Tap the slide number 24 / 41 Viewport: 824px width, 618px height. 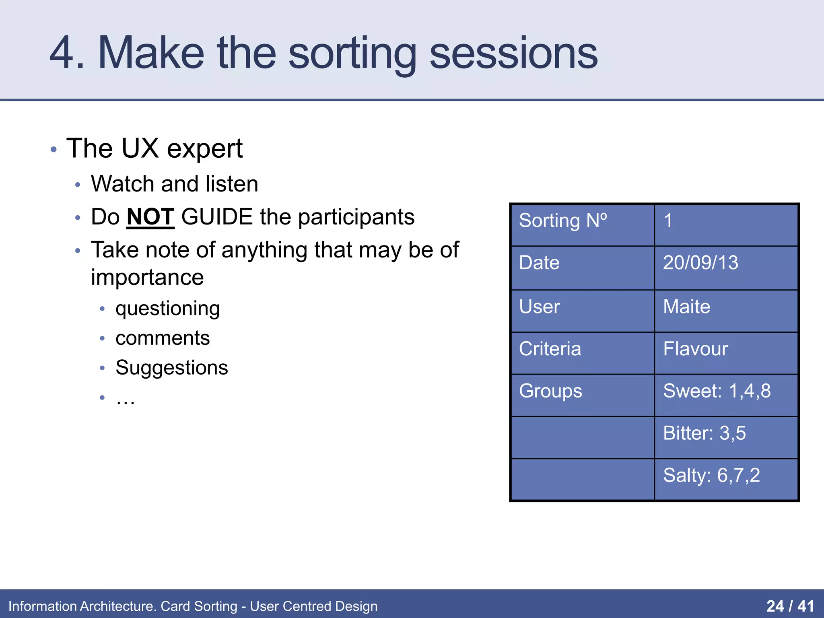tap(790, 606)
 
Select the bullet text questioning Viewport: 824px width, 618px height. tap(167, 309)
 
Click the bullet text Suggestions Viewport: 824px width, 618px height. tap(171, 368)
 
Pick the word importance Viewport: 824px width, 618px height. tap(147, 278)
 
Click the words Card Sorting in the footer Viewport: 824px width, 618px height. tap(199, 606)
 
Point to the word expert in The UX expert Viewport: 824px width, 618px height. tap(204, 149)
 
